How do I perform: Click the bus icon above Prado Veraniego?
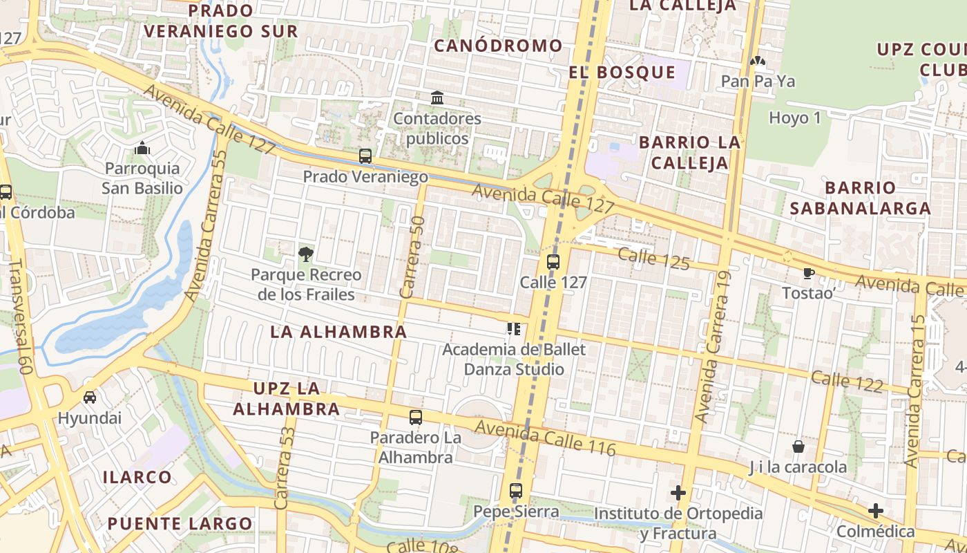click(x=365, y=156)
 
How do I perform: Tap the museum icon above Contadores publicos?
click(x=437, y=98)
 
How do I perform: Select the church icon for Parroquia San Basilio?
click(x=142, y=148)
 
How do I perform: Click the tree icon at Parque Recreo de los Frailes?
click(x=305, y=254)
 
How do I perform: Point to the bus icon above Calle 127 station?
click(x=553, y=261)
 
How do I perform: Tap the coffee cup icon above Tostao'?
click(x=808, y=273)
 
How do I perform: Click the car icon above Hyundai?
click(x=90, y=397)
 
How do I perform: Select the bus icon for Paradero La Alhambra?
click(x=415, y=418)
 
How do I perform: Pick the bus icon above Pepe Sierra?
click(x=516, y=491)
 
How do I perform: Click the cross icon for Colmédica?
click(x=876, y=512)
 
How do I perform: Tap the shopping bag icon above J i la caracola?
click(x=798, y=447)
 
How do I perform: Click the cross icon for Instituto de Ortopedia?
click(x=678, y=493)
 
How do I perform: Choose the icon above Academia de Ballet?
click(x=513, y=329)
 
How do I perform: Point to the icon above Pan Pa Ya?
click(x=758, y=62)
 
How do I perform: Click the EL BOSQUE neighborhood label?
click(x=622, y=73)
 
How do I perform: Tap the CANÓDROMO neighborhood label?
click(x=498, y=46)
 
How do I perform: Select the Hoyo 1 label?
click(x=795, y=118)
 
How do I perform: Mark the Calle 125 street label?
click(x=653, y=259)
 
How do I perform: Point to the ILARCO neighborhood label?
click(x=137, y=477)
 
